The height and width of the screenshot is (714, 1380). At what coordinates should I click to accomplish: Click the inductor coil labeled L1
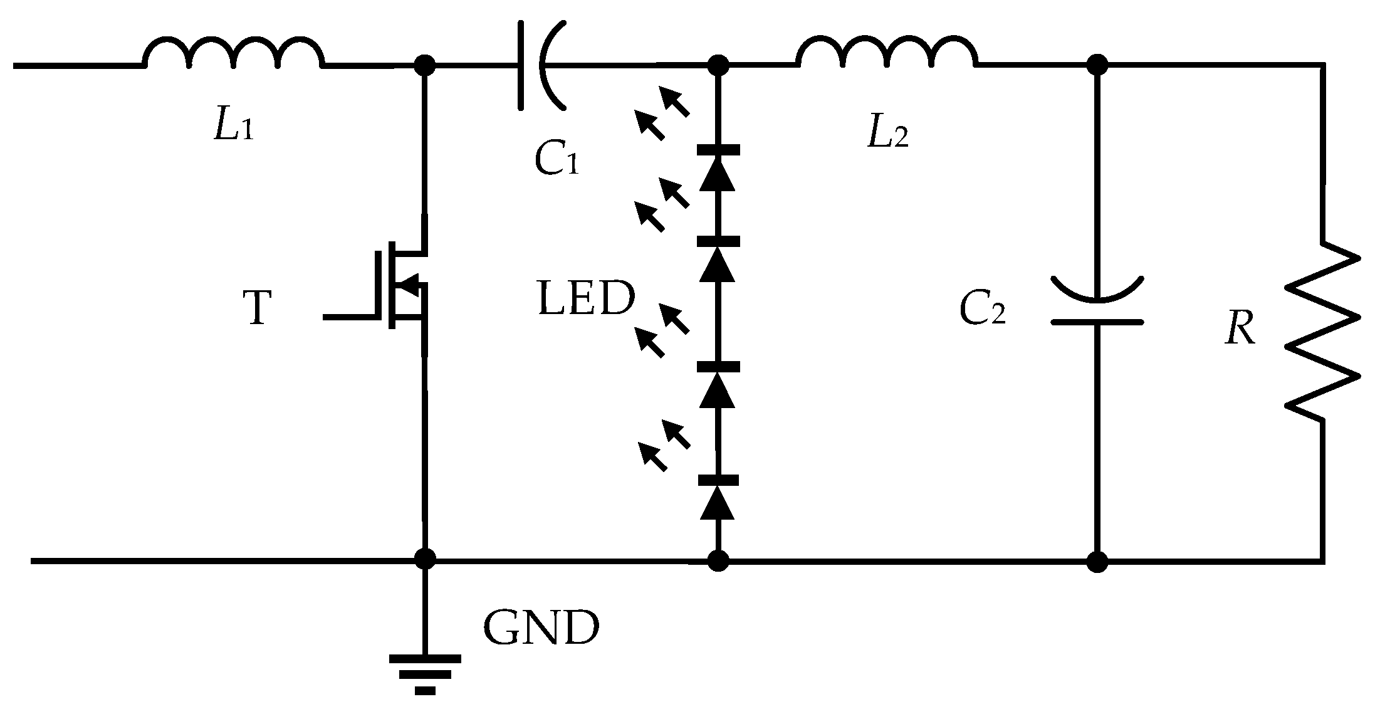pyautogui.click(x=234, y=54)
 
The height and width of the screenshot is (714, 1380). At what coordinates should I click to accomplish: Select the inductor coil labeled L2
pyautogui.click(x=886, y=54)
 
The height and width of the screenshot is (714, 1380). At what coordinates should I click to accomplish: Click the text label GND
pyautogui.click(x=541, y=628)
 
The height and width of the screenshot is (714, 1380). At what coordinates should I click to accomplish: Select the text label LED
pyautogui.click(x=586, y=299)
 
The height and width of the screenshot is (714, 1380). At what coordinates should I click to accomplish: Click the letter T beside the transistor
pyautogui.click(x=256, y=309)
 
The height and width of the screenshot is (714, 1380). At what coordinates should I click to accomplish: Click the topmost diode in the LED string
pyautogui.click(x=718, y=168)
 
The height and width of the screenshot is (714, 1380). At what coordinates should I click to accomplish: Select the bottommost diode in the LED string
pyautogui.click(x=718, y=498)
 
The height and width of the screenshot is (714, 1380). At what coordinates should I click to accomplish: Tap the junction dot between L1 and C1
pyautogui.click(x=425, y=65)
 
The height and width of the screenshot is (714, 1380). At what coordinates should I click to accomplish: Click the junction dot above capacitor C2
pyautogui.click(x=1097, y=65)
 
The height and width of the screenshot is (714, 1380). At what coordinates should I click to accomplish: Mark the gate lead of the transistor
pyautogui.click(x=348, y=317)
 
